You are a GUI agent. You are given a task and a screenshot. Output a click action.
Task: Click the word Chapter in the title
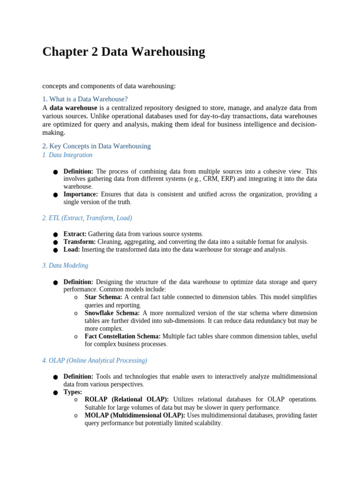(64, 52)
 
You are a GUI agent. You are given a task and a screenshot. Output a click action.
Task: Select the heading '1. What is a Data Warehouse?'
(85, 99)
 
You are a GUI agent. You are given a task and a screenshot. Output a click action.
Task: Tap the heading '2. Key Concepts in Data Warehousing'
(96, 146)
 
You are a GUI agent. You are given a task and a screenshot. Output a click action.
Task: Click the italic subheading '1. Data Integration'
(67, 155)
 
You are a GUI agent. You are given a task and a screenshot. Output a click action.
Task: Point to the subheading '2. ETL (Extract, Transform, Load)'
(87, 218)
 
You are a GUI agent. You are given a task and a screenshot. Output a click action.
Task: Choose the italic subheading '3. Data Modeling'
(65, 265)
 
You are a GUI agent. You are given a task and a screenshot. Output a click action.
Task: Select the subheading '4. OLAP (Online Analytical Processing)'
(94, 360)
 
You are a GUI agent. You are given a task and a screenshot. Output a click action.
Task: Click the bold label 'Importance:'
(81, 194)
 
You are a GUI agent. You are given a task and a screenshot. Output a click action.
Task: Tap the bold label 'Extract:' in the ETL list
(75, 234)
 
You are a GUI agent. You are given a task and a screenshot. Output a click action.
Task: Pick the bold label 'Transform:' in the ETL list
(80, 242)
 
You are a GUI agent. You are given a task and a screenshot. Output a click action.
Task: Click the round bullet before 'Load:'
(55, 250)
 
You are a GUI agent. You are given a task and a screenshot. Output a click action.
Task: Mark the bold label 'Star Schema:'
(103, 297)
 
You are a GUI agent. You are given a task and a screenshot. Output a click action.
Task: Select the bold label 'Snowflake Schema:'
(112, 313)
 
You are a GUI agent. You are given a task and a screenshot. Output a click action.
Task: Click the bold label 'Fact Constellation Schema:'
(122, 336)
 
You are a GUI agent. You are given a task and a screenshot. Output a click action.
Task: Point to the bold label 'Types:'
(73, 392)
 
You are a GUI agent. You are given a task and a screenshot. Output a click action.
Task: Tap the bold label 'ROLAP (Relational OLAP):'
(127, 399)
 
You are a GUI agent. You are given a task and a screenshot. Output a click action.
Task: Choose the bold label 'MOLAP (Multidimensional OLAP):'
(135, 415)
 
